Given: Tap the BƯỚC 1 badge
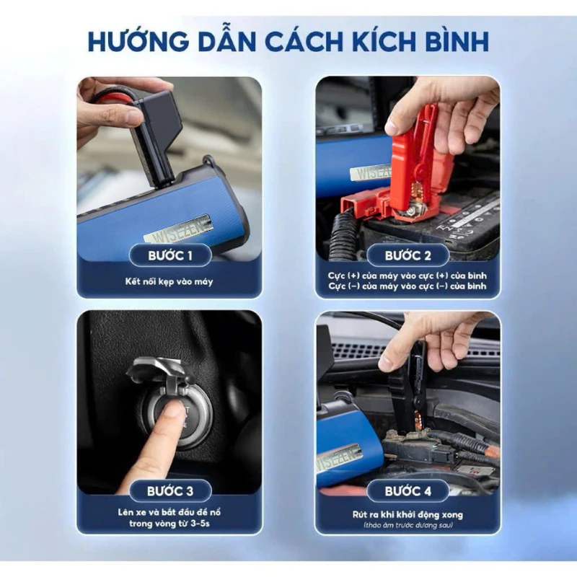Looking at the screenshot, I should point(169,255).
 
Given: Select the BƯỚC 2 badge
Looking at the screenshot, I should point(408,255).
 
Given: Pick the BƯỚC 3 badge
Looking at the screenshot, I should point(169,491).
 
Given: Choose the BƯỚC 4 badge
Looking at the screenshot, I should point(408,491).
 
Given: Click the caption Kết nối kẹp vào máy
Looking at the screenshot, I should point(169,280).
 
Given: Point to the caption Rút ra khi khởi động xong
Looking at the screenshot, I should point(408,515).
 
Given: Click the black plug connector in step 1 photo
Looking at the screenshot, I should point(155,133).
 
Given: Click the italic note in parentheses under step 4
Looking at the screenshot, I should point(408,527).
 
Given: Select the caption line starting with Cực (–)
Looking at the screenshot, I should point(408,286).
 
